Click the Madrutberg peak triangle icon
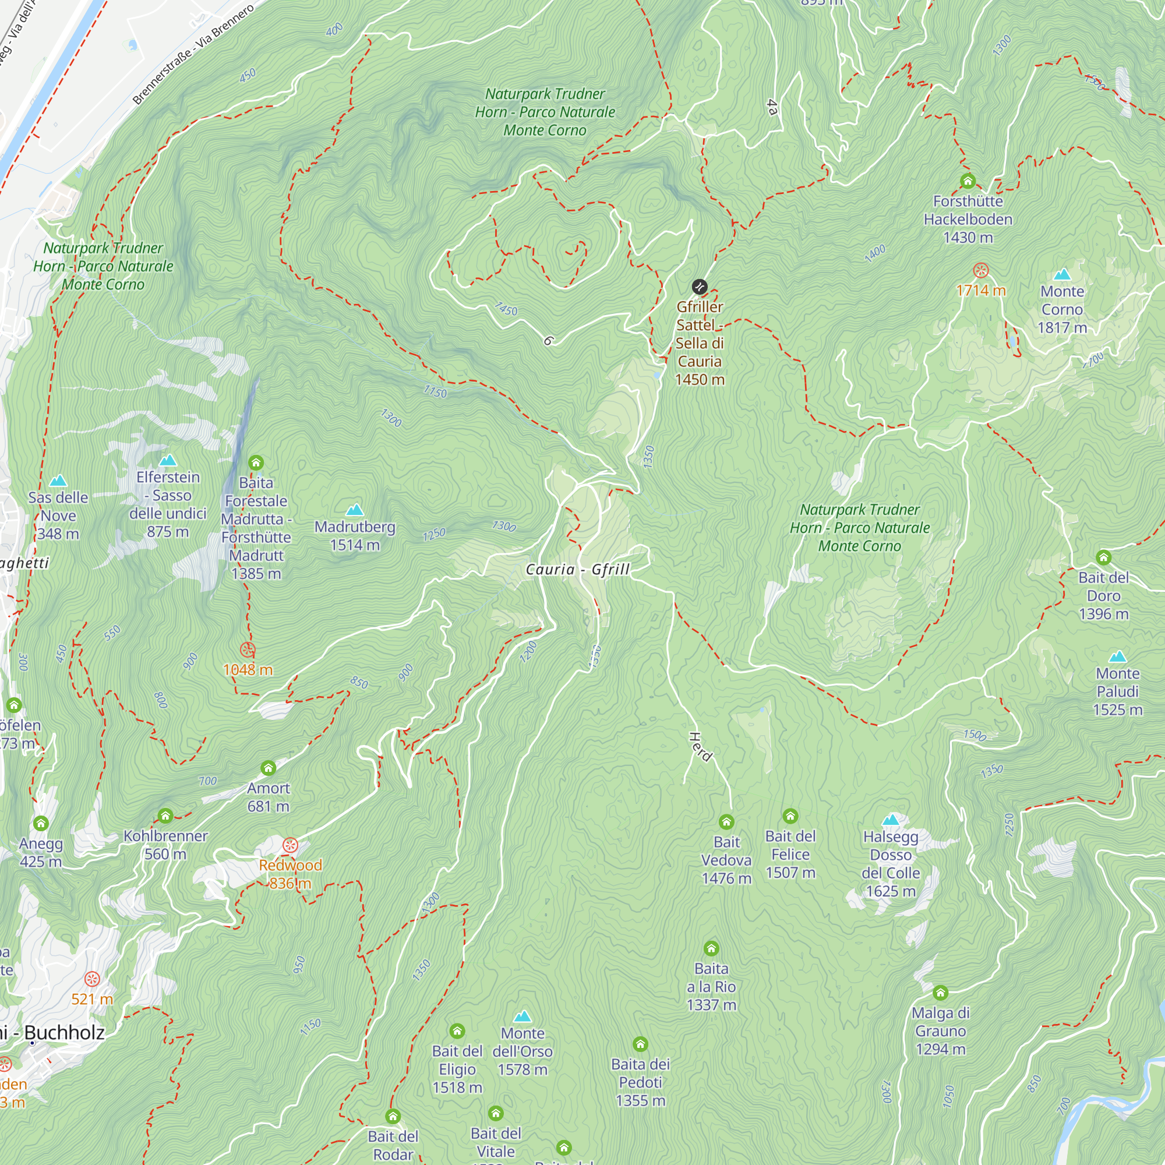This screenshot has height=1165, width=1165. tap(355, 510)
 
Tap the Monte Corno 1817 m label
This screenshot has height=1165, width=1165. tap(1062, 309)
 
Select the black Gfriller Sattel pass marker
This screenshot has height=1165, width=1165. tap(700, 287)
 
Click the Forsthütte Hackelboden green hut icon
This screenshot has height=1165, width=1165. tap(968, 181)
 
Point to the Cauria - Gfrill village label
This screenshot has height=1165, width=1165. tap(578, 569)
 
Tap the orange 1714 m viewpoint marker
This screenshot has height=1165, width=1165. tap(981, 270)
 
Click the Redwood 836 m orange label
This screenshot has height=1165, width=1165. tap(290, 874)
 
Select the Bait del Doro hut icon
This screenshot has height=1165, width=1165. tap(1103, 557)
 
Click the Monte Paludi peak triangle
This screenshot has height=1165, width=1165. tap(1117, 656)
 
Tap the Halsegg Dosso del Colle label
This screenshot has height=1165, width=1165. tap(891, 863)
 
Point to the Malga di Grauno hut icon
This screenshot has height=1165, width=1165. tap(940, 993)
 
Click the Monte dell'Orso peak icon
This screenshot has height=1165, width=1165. tap(522, 1016)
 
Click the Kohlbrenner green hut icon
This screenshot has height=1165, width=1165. tap(165, 817)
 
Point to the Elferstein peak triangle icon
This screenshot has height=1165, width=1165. tap(168, 461)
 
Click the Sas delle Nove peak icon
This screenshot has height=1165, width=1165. tap(58, 481)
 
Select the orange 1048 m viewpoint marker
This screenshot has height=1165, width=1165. tap(248, 650)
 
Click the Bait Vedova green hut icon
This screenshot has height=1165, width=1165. tap(726, 822)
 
